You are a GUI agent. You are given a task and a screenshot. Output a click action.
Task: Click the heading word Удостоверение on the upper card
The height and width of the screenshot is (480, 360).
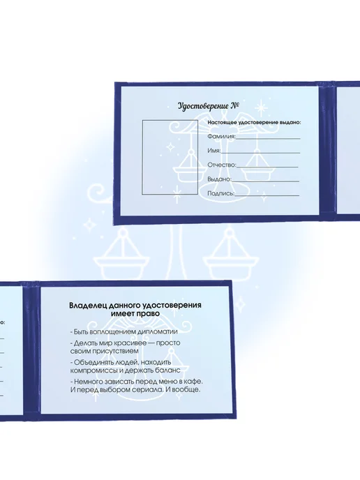click(x=203, y=107)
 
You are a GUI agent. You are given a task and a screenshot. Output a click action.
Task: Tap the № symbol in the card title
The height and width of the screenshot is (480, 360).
click(x=235, y=105)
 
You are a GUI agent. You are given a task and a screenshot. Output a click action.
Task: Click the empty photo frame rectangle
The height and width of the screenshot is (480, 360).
click(x=142, y=157)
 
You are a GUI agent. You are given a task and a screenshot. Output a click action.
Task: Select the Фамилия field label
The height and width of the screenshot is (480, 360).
click(x=221, y=136)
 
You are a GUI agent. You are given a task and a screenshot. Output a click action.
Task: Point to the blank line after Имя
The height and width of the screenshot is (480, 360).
click(x=260, y=153)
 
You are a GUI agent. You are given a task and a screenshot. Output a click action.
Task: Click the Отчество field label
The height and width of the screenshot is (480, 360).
click(x=222, y=165)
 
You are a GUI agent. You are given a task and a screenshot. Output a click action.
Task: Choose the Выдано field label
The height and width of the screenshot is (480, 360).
click(x=219, y=179)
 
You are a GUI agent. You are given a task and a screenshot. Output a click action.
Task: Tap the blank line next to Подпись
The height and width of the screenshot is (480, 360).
click(x=267, y=195)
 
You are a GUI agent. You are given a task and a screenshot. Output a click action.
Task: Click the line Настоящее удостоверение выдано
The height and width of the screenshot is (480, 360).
click(x=254, y=123)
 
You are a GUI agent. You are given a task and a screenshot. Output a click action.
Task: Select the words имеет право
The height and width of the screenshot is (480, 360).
click(x=135, y=314)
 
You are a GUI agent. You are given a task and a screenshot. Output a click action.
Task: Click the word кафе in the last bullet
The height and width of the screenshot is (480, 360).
click(x=194, y=382)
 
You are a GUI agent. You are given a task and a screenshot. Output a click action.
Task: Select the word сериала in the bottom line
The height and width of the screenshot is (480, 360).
click(x=149, y=390)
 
